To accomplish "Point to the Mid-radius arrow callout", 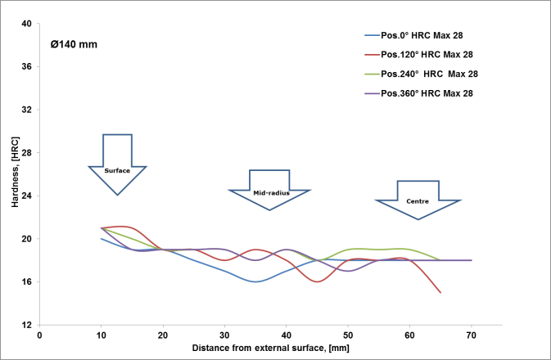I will (269, 191).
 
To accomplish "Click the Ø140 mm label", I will (74, 43).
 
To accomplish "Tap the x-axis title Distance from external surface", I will (269, 348).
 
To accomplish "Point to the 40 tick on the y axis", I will (25, 24).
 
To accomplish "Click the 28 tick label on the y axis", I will (25, 153).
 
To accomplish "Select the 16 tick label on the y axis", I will (25, 282).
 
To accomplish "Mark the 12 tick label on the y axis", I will (25, 326).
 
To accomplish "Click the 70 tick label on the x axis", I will (472, 335).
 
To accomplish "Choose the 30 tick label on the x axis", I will (224, 335).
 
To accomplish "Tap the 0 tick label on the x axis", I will (39, 335).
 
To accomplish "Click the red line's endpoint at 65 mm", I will (440, 292).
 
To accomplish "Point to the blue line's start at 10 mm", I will (102, 239).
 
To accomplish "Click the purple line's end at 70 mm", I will (472, 260).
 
